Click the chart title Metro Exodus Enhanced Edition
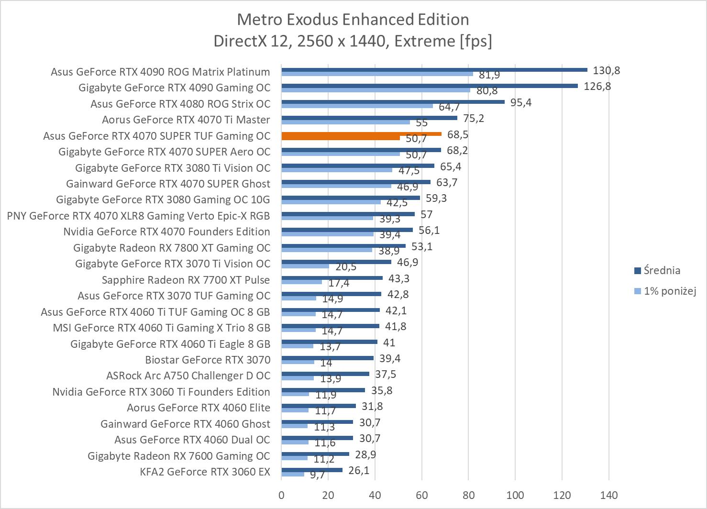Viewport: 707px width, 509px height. (353, 20)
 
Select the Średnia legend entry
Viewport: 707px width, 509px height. (662, 271)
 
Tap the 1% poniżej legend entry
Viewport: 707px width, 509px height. (669, 291)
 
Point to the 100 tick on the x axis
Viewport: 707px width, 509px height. (515, 495)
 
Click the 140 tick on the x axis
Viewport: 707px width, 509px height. (608, 495)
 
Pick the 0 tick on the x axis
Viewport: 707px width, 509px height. (281, 495)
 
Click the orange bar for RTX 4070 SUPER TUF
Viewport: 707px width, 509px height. (361, 134)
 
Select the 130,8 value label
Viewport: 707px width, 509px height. (606, 71)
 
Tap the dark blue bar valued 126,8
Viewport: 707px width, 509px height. (429, 86)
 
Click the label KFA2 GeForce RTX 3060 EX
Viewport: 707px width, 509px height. (205, 472)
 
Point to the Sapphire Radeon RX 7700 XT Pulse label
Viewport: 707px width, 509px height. (186, 280)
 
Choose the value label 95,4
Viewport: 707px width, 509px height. (520, 103)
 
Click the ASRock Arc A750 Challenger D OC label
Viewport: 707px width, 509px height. (188, 376)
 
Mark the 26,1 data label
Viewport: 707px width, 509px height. (359, 471)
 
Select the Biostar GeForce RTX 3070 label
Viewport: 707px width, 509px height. (208, 360)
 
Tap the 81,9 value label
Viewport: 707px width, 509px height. (489, 75)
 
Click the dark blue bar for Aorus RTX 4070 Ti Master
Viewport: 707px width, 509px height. (369, 118)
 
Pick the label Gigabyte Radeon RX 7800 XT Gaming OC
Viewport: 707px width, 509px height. (172, 248)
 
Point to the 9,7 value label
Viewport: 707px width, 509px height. (317, 475)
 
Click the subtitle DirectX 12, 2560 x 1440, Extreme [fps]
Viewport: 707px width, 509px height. (353, 41)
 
